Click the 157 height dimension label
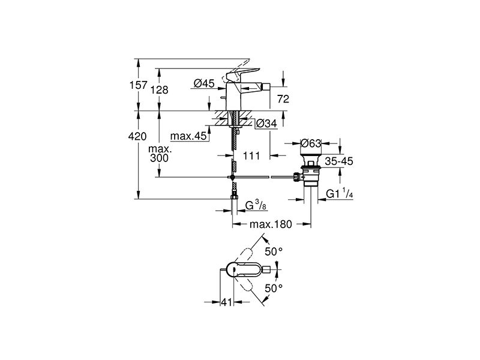tap(139, 85)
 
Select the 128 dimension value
tap(160, 89)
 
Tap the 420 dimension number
tap(137, 136)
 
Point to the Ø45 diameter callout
tap(204, 83)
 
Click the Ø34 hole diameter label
tap(266, 124)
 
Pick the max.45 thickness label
tap(188, 136)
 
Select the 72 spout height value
tap(283, 99)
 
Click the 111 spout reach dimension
tap(251, 155)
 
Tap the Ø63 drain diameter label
tap(311, 143)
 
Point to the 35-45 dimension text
tap(339, 161)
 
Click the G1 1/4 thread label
tap(340, 194)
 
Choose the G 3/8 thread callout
tap(256, 206)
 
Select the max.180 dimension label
tap(271, 224)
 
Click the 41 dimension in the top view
tap(227, 302)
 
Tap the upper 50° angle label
tap(274, 251)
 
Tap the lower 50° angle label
tap(274, 288)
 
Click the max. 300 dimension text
tap(160, 154)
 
